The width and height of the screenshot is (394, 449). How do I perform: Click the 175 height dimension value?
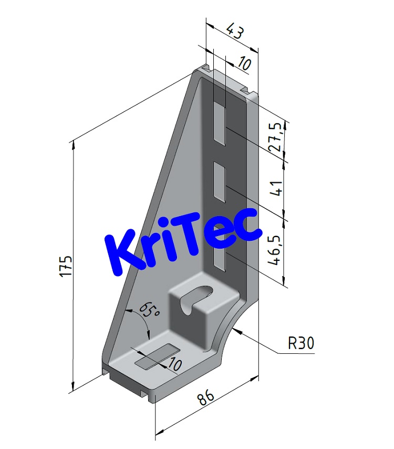click(x=66, y=266)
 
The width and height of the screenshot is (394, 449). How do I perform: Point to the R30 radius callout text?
click(x=301, y=344)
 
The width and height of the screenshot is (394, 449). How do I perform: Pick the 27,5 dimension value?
click(x=275, y=138)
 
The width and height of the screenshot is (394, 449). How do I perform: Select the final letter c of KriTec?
click(x=246, y=223)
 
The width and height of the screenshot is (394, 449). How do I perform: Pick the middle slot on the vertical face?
click(x=219, y=182)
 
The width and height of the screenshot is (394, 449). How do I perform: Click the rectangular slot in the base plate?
click(x=156, y=355)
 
